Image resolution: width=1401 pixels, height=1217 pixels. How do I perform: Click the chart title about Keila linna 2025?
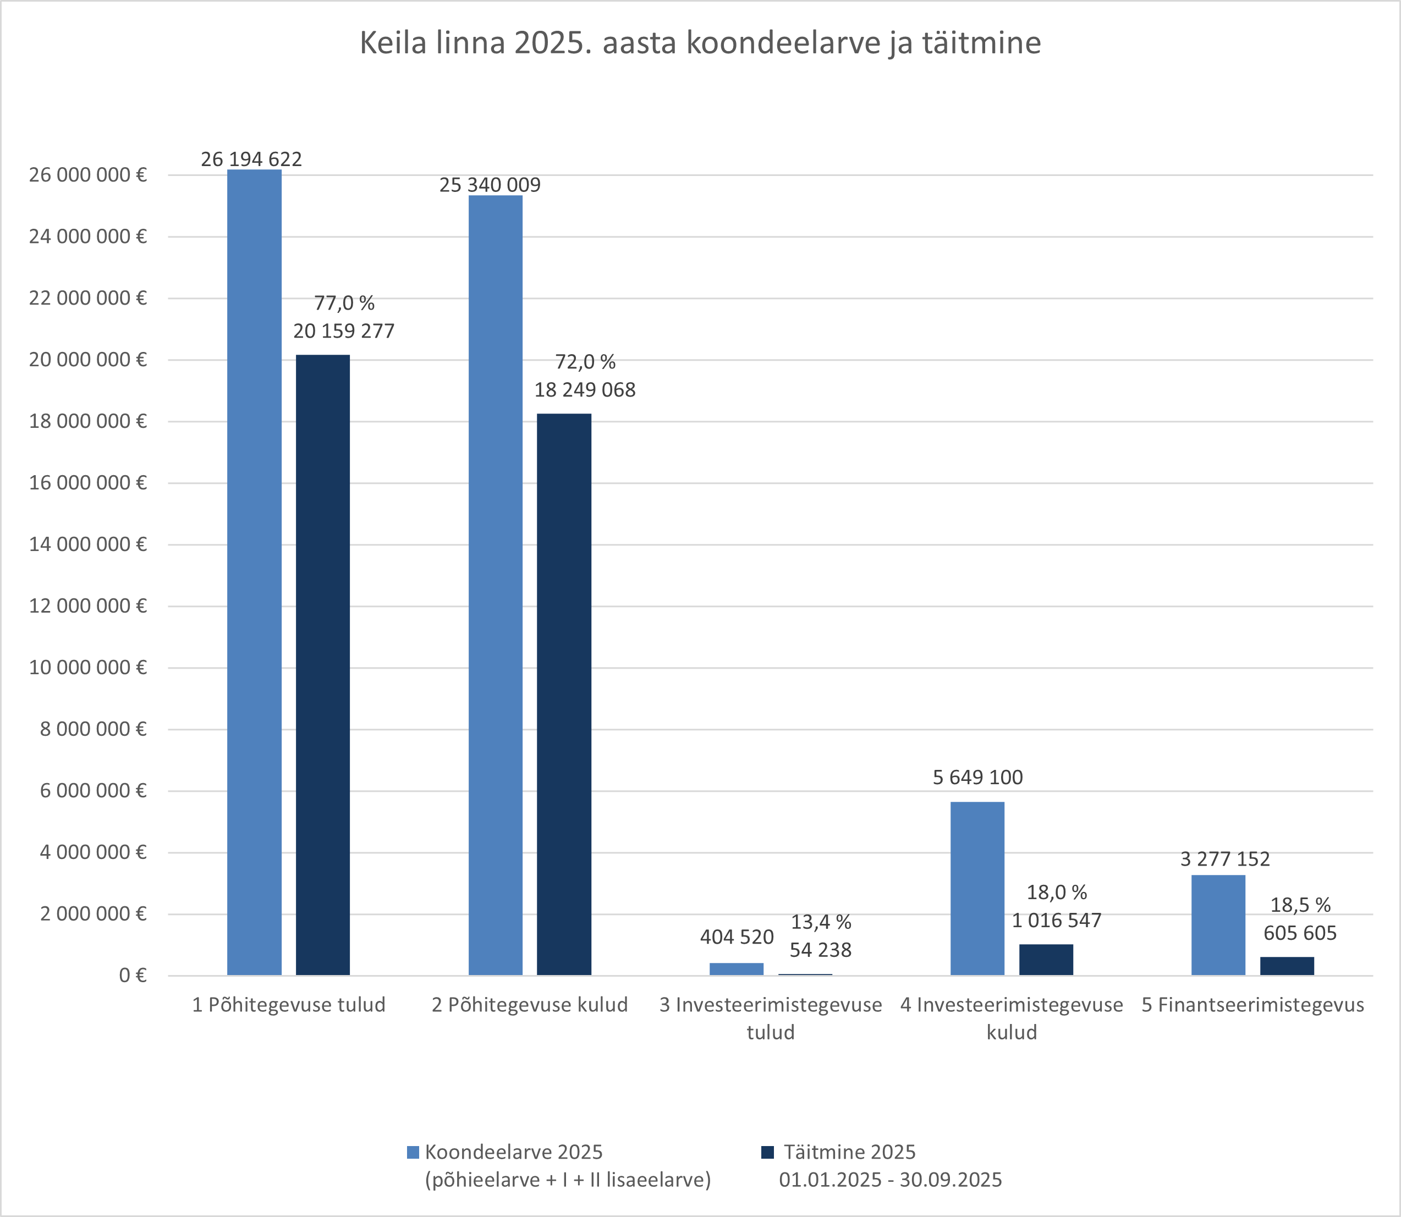[700, 43]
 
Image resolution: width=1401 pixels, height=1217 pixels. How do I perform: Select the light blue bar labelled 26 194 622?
[254, 572]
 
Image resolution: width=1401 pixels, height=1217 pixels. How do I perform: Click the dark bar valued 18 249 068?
[564, 694]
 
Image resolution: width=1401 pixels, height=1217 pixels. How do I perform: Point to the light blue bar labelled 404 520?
[736, 968]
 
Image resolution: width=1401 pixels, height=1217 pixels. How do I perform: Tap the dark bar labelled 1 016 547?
[1046, 960]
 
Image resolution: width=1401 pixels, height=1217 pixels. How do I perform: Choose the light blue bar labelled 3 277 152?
[1218, 925]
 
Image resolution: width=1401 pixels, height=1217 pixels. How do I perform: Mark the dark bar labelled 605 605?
[1287, 966]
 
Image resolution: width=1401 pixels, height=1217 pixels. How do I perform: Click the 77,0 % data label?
[344, 303]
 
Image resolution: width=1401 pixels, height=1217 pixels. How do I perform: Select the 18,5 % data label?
[1300, 905]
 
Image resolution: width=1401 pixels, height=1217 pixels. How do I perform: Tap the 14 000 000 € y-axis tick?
[87, 544]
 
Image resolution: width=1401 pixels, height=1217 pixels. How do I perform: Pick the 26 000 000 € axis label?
[87, 175]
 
